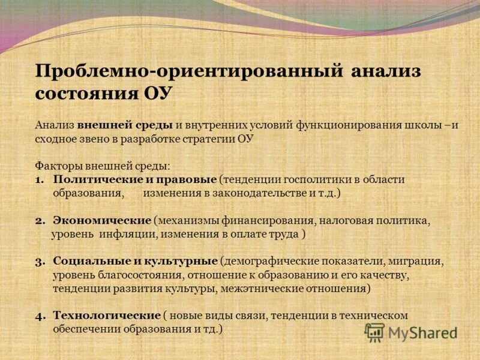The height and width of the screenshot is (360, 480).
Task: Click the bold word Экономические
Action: [x=101, y=221]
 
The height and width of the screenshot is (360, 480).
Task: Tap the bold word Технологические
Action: [x=106, y=315]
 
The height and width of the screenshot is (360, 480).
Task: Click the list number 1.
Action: [x=39, y=180]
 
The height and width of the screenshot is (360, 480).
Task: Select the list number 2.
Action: [x=39, y=221]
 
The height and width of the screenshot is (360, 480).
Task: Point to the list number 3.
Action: [x=39, y=262]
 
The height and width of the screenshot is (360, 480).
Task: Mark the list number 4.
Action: [x=39, y=316]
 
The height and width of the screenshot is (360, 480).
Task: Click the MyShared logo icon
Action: [x=375, y=332]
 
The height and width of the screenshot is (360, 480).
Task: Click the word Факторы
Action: [x=55, y=165]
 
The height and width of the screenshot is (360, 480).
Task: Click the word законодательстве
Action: [x=250, y=193]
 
